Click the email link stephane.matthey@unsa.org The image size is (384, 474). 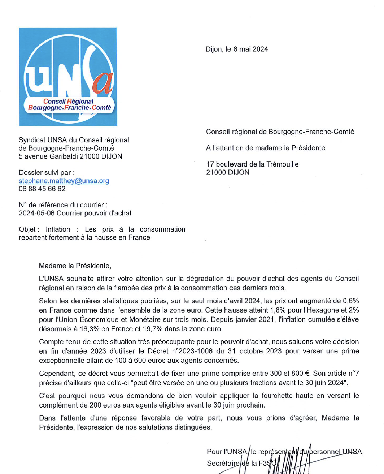[64, 181]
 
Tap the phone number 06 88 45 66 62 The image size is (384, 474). [42, 189]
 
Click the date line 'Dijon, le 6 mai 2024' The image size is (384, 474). [237, 49]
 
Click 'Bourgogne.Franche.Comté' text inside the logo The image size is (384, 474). [70, 108]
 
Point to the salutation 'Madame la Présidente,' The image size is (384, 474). [75, 266]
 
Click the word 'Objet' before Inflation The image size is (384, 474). [27, 229]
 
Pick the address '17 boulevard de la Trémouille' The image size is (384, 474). [252, 164]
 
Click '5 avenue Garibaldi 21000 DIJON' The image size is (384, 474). [70, 156]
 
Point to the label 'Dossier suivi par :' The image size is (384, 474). [47, 173]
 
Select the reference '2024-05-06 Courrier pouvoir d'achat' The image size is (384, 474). [75, 213]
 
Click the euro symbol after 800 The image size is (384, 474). [307, 374]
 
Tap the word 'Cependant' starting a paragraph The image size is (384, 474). [56, 374]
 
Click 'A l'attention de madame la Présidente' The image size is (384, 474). [266, 148]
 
